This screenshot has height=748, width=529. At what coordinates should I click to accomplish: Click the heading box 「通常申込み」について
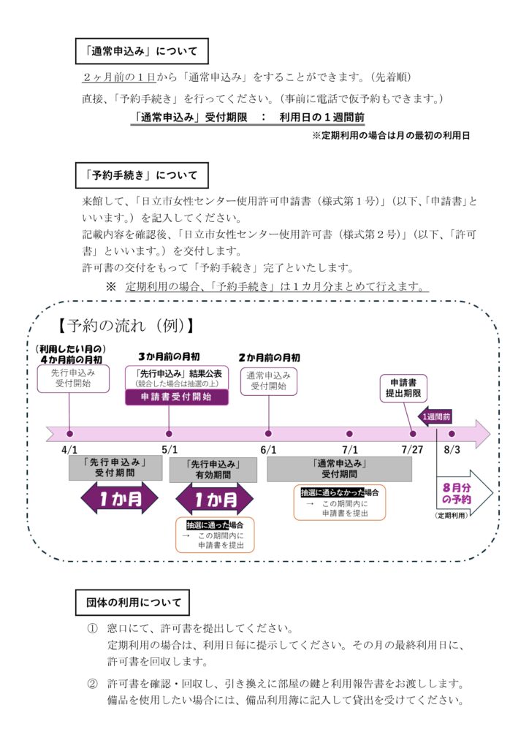tap(142, 52)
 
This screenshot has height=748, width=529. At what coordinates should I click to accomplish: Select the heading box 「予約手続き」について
tap(142, 175)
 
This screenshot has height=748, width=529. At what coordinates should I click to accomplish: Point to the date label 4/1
tap(70, 450)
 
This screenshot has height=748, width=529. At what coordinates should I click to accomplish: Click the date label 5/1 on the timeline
tap(170, 450)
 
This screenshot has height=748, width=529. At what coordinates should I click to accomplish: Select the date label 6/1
tap(268, 450)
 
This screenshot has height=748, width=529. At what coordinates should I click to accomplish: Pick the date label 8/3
tap(452, 450)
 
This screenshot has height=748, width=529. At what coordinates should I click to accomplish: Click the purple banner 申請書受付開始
tap(176, 397)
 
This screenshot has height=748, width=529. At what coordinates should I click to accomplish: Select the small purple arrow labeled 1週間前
tap(435, 416)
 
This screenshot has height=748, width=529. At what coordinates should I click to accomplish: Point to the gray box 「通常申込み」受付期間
tap(339, 468)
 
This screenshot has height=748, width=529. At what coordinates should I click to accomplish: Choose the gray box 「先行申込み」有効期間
tap(213, 470)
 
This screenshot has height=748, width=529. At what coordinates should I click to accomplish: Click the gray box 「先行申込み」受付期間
tap(115, 468)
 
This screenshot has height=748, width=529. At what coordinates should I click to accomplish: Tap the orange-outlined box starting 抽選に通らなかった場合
tap(339, 503)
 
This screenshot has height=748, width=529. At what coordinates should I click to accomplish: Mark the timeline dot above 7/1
tap(349, 433)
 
